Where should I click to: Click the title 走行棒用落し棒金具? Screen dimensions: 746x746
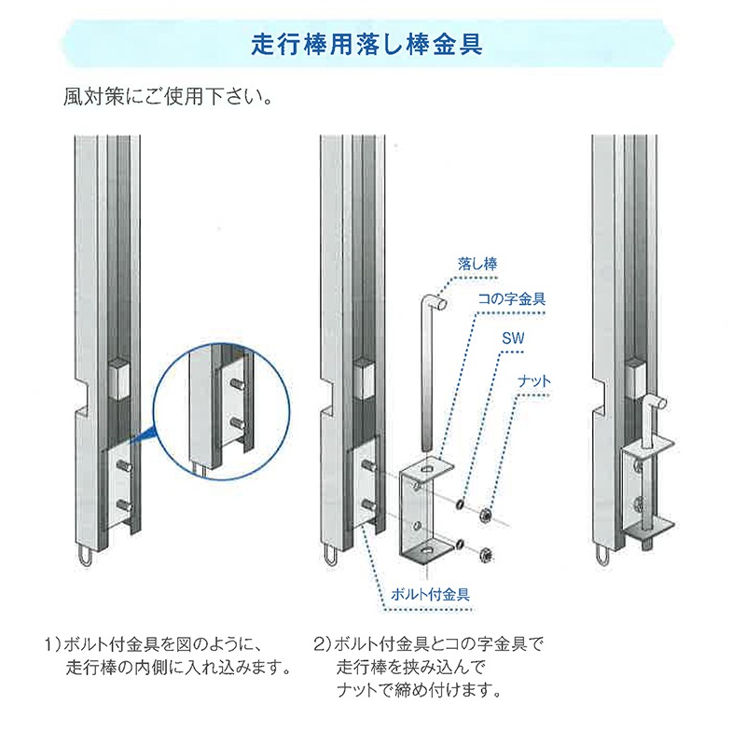click(x=366, y=45)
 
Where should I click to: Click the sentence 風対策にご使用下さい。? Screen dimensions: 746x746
click(x=169, y=97)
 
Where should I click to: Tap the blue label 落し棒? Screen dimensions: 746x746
click(x=477, y=264)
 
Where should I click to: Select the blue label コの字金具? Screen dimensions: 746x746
click(x=511, y=298)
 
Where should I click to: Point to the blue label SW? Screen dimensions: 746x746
click(x=513, y=338)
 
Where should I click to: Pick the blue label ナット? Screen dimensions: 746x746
click(x=533, y=381)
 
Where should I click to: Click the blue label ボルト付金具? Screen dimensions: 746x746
click(x=430, y=594)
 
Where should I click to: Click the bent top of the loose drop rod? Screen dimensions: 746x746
click(x=434, y=302)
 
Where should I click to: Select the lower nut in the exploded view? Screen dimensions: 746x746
click(x=485, y=554)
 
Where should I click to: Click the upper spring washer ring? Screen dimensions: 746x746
click(x=460, y=504)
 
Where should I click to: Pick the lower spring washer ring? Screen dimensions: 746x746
click(x=460, y=545)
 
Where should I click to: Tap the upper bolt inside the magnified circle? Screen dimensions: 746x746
click(x=237, y=384)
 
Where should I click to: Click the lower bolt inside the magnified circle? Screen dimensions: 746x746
click(x=237, y=422)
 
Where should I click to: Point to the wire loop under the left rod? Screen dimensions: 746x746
click(x=84, y=557)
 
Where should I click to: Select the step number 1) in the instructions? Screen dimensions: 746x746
click(x=53, y=644)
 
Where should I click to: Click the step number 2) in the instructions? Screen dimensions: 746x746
click(x=323, y=644)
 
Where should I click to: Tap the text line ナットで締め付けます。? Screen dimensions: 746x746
click(x=419, y=690)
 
